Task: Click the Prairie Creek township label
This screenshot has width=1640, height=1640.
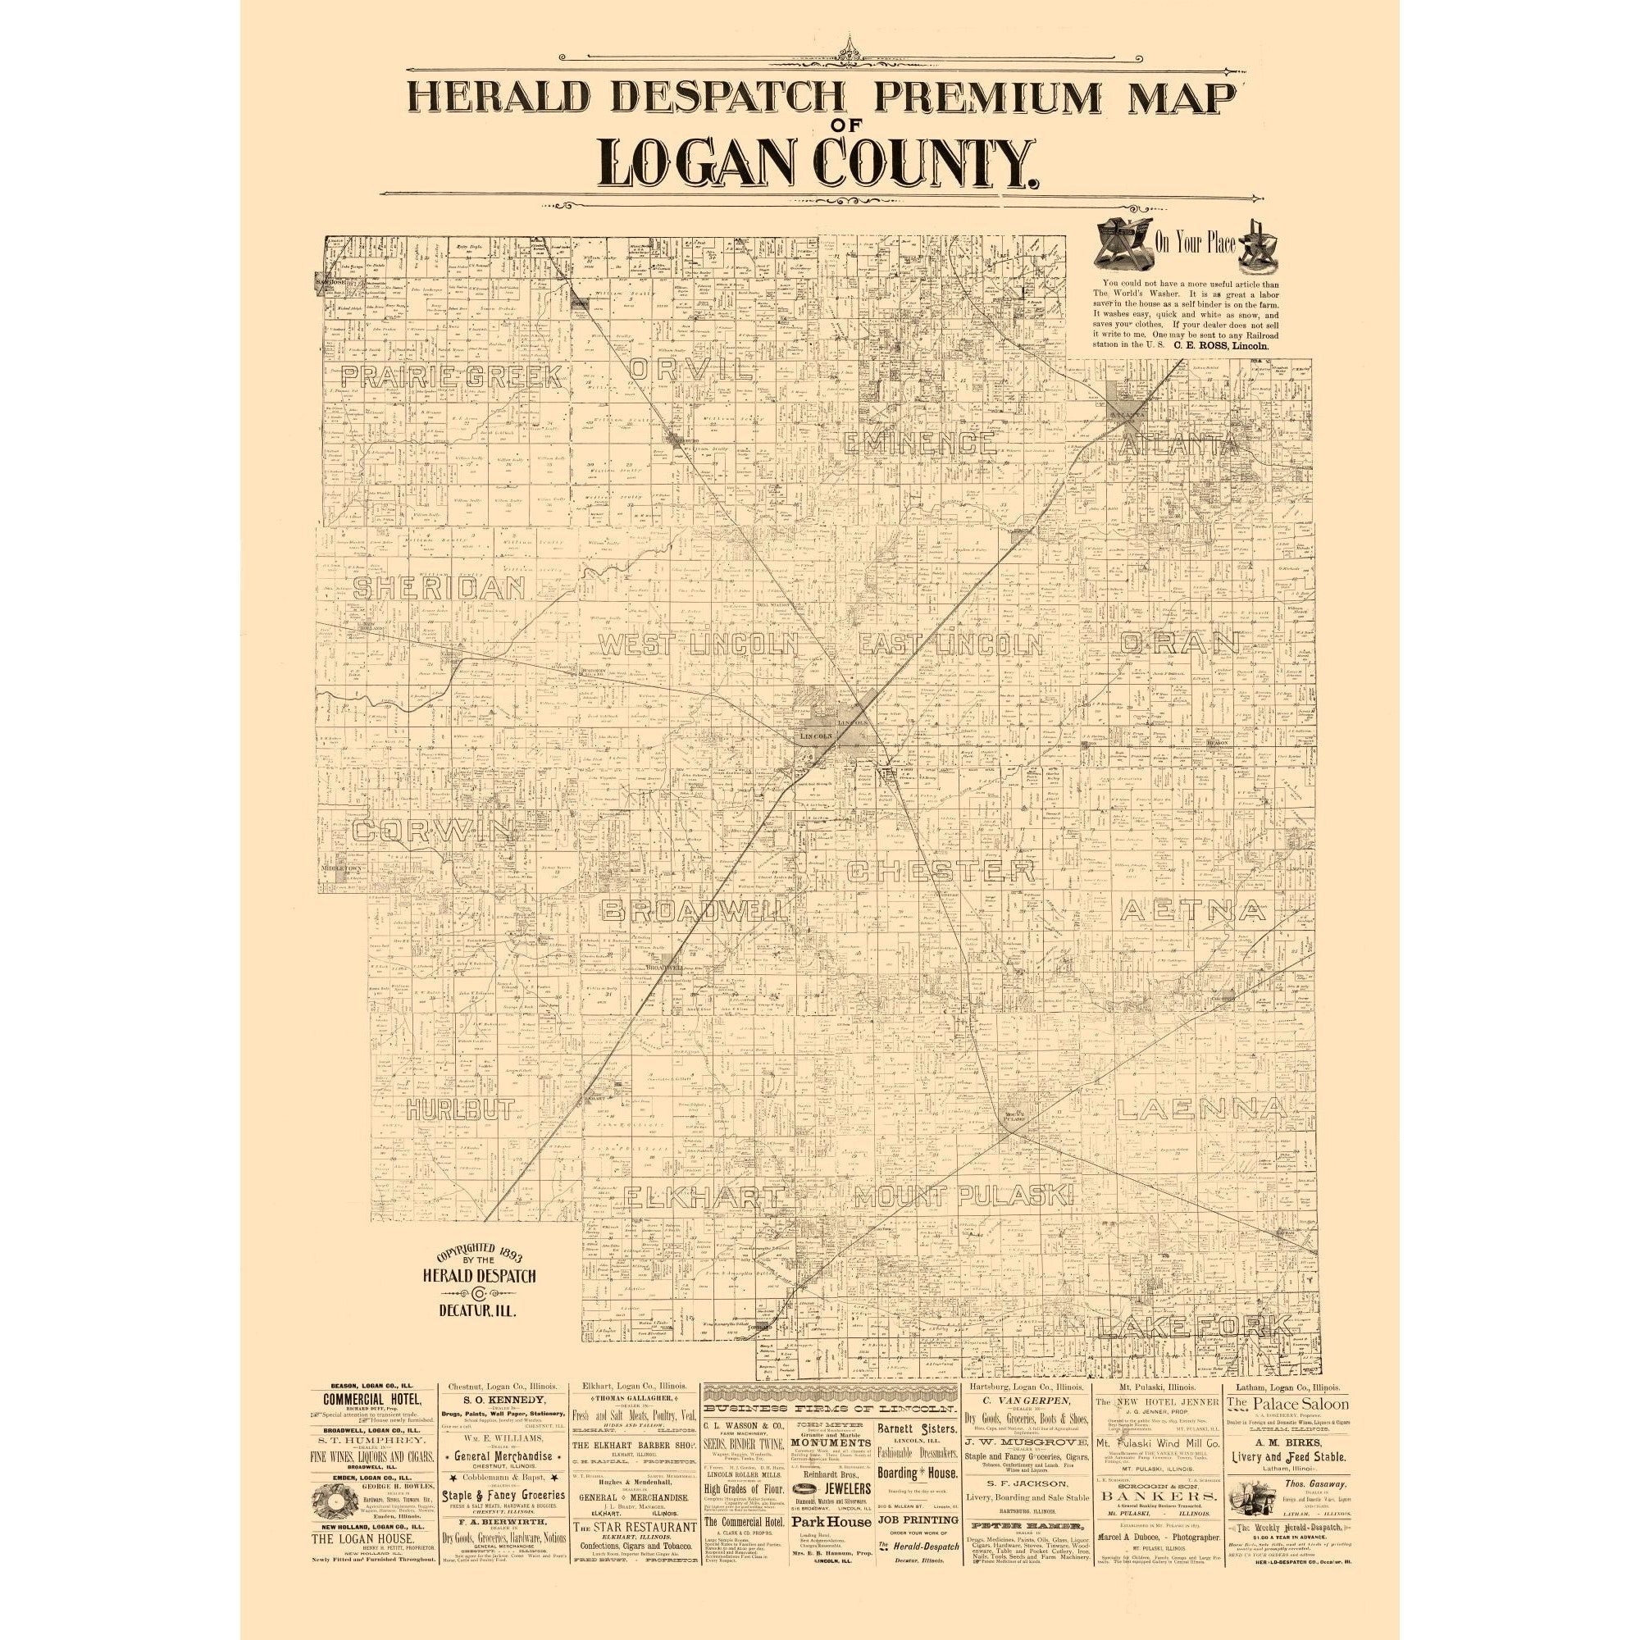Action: pos(453,377)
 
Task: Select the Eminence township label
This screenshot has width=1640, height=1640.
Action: pos(919,442)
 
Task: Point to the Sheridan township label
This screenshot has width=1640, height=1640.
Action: pos(441,588)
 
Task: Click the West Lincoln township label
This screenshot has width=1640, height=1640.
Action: pos(699,645)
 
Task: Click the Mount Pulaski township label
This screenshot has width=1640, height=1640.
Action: pos(963,1198)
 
